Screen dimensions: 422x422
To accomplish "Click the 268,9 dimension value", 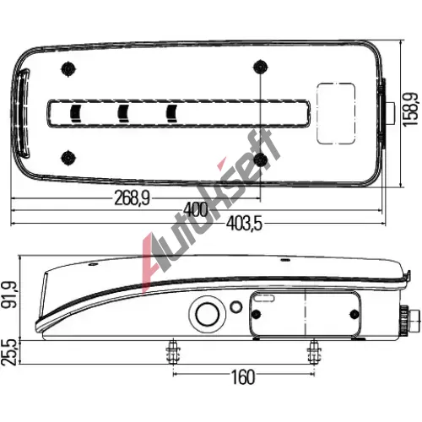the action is [x=132, y=198].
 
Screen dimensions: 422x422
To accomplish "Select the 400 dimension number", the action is [x=196, y=210].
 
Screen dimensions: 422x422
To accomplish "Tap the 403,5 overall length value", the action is [x=244, y=224].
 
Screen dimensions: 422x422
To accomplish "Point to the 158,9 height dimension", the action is [x=411, y=110].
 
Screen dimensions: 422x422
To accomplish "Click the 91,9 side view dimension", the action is [x=11, y=295].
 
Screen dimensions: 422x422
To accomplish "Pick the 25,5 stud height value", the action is [x=9, y=352].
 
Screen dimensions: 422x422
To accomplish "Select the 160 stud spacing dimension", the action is [x=243, y=377].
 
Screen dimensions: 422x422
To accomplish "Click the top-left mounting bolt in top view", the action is [x=68, y=68].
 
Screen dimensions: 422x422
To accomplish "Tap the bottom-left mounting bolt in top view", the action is [x=68, y=158].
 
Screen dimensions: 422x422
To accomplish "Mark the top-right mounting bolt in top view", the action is [x=261, y=68].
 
